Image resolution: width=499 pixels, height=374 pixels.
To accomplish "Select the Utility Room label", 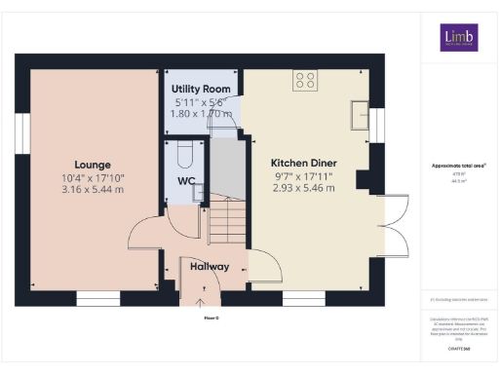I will pyautogui.click(x=200, y=89).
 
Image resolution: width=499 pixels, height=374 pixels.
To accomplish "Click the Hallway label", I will pyautogui.click(x=210, y=266).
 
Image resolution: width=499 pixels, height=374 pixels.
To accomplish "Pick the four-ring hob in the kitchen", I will pyautogui.click(x=303, y=82).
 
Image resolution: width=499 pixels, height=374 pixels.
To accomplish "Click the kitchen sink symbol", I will pyautogui.click(x=358, y=113).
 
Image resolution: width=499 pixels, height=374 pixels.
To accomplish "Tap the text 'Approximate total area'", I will pyautogui.click(x=457, y=166).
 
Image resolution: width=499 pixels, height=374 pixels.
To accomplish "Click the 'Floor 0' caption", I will pyautogui.click(x=211, y=318).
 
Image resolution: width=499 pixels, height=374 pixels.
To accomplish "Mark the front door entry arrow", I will pyautogui.click(x=203, y=287).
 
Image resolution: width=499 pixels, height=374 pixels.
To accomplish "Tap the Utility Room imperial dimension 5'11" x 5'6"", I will pyautogui.click(x=200, y=101).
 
